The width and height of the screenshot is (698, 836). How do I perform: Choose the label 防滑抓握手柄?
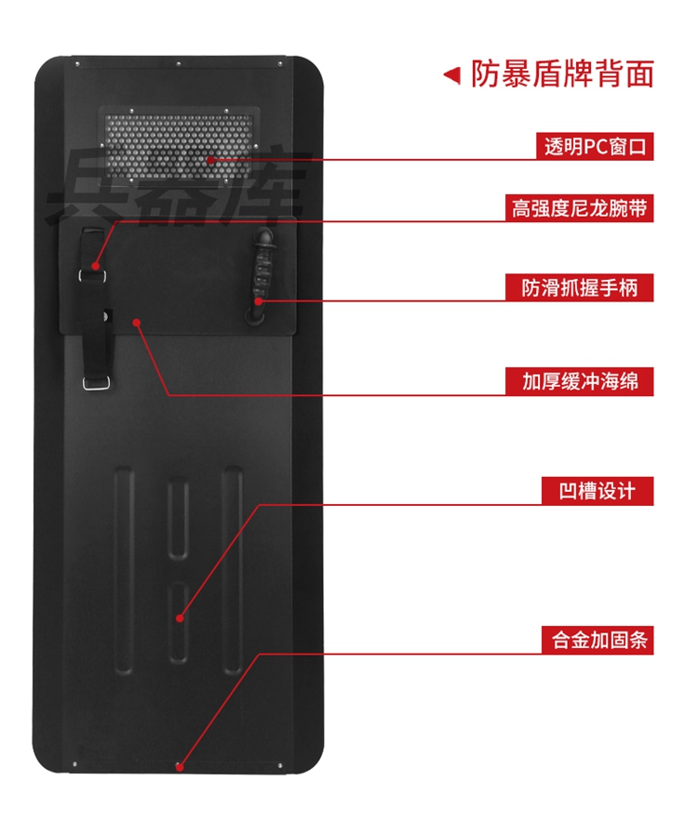click(x=579, y=287)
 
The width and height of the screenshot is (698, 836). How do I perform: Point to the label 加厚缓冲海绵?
click(x=579, y=380)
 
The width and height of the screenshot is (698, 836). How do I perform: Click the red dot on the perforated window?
click(x=211, y=160)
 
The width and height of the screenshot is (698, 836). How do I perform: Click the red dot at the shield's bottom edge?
click(x=180, y=767)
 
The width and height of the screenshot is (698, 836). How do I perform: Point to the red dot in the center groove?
click(x=180, y=617)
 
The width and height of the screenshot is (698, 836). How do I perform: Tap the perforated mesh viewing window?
click(x=177, y=144)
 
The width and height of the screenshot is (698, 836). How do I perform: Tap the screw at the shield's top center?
click(x=179, y=64)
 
